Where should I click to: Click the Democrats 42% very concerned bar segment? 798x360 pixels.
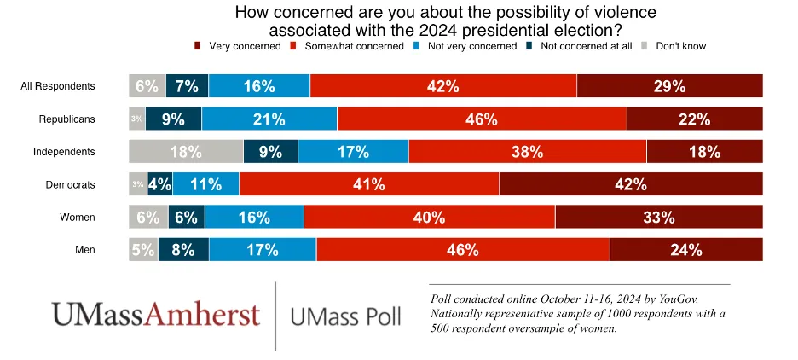click(x=631, y=184)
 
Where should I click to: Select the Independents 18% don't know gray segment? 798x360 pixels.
click(x=186, y=152)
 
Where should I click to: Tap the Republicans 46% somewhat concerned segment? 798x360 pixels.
click(x=482, y=119)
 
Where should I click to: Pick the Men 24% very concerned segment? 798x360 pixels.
click(x=685, y=250)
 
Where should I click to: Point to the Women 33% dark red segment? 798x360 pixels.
click(x=658, y=218)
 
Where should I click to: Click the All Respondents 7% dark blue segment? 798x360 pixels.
click(x=187, y=86)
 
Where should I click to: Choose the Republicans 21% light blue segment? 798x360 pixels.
click(x=269, y=119)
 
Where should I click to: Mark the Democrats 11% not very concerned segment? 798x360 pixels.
click(x=205, y=184)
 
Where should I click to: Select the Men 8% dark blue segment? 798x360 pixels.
click(x=183, y=250)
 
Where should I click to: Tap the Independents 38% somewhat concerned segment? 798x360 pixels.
click(x=527, y=152)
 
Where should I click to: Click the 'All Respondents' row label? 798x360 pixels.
click(x=58, y=86)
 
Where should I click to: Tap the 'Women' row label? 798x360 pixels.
click(x=77, y=218)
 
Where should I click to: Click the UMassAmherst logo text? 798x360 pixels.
click(x=155, y=314)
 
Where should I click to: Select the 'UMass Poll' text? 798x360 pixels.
click(x=345, y=316)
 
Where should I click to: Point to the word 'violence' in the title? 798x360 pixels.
click(x=621, y=14)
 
